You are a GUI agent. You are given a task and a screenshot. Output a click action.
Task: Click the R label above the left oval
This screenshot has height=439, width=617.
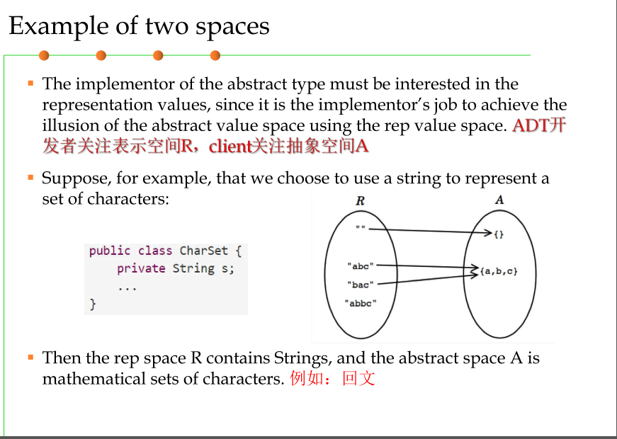coord(360,200)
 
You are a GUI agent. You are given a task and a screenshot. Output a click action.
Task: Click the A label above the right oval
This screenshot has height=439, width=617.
coord(499,200)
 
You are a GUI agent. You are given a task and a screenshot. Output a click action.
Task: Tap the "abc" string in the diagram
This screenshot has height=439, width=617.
coord(361,266)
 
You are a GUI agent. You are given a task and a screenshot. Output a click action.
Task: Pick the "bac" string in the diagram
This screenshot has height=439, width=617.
coord(361,285)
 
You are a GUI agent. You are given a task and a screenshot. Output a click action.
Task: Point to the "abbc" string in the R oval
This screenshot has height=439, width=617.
coord(361,303)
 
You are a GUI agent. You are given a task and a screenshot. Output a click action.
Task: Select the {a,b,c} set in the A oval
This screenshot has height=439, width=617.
coord(498,270)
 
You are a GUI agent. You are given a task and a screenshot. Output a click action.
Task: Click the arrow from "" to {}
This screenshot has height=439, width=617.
coord(425,231)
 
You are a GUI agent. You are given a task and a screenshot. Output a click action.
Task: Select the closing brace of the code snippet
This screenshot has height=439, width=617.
coord(92,304)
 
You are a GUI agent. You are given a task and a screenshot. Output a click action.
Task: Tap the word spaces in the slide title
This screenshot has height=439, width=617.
coord(237,26)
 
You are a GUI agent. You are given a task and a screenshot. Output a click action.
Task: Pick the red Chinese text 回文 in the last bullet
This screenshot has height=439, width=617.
coord(358,378)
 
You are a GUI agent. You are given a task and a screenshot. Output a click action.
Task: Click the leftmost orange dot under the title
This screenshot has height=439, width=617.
coord(44,55)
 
